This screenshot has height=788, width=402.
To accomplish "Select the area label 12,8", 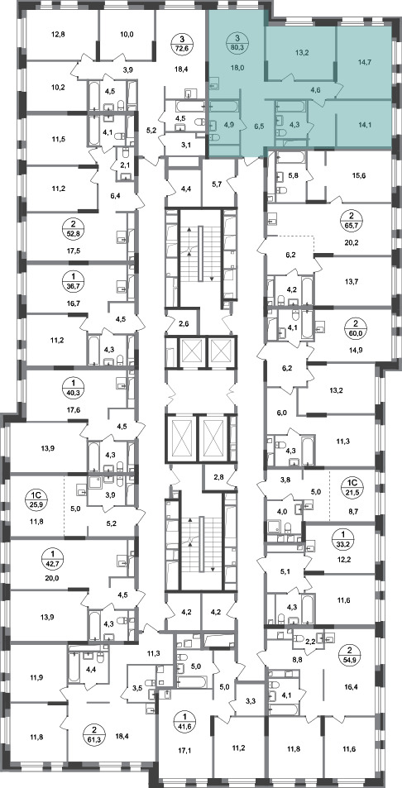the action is [x=58, y=35].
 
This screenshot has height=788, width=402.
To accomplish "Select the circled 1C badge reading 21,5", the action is [x=350, y=487].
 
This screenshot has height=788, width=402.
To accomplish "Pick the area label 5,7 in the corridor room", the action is [x=217, y=184].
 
